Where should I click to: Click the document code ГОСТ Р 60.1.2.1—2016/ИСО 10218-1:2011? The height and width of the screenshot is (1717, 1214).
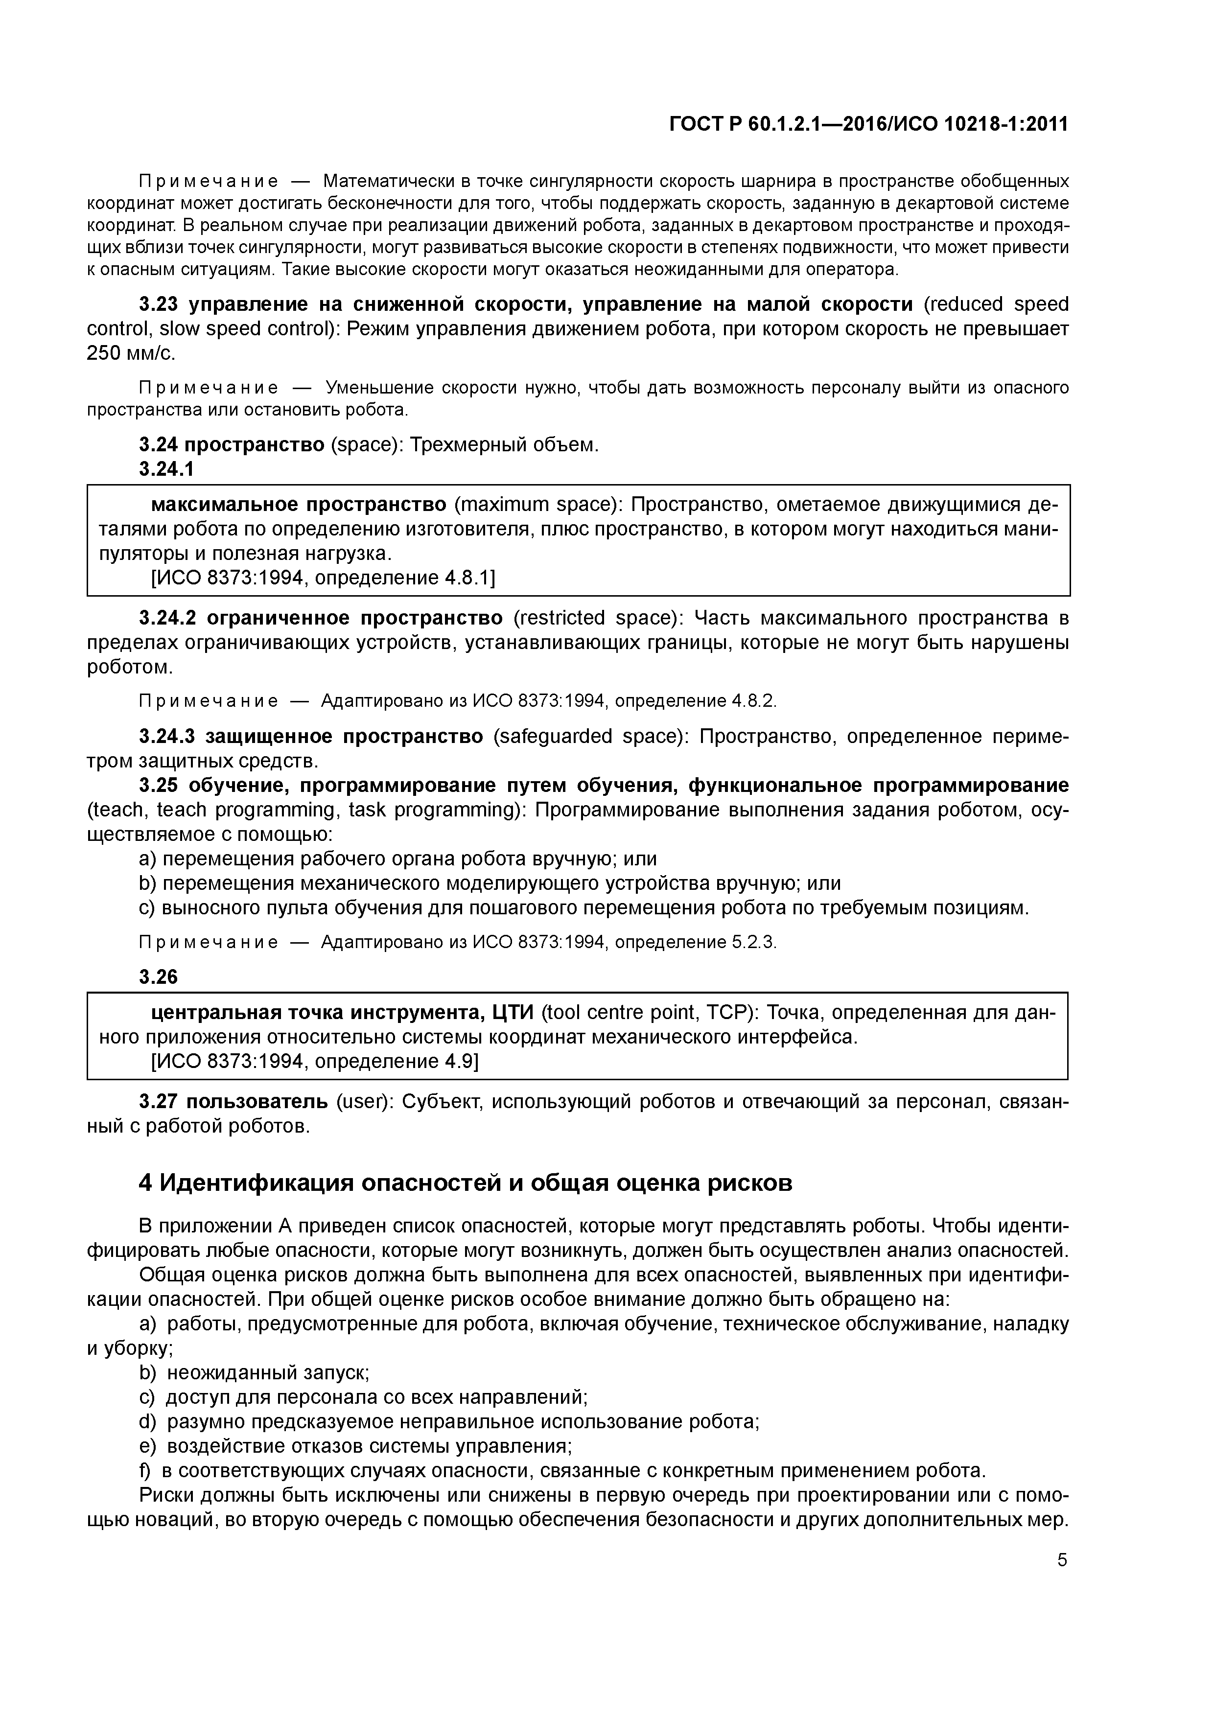click(868, 124)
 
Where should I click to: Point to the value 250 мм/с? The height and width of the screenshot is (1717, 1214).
click(131, 353)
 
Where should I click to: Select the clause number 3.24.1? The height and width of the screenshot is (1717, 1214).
click(166, 469)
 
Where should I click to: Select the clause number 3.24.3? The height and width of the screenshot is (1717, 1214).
click(166, 737)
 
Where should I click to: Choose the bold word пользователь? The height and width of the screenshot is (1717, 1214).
click(257, 1102)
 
